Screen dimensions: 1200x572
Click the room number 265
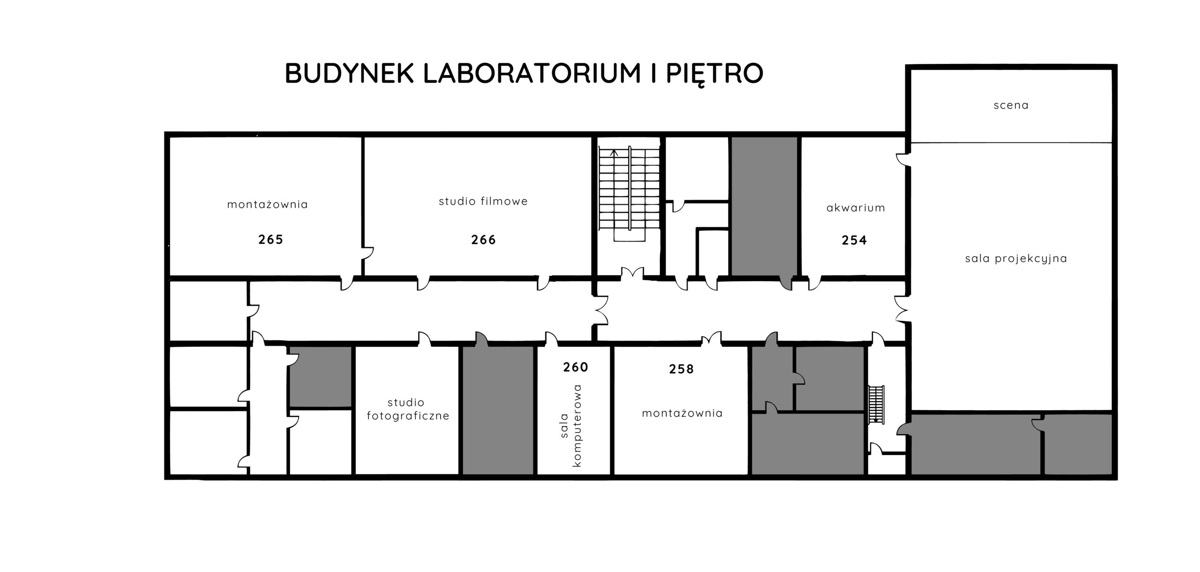coord(271,240)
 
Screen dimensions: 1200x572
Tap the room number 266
coord(483,240)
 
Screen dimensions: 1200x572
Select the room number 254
coord(854,241)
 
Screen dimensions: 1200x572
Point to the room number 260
coord(576,367)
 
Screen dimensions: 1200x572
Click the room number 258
coord(682,369)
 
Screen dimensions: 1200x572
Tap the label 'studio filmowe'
coord(483,201)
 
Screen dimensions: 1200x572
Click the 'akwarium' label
coord(856,208)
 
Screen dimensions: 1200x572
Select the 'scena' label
coord(1011,106)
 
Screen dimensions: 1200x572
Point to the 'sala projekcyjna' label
coord(1016,259)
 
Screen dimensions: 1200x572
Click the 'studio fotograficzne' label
coord(408,409)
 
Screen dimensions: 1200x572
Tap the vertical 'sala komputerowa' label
coord(570,426)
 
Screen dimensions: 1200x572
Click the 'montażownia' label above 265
coord(268,205)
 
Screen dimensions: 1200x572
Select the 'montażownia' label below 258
coord(682,413)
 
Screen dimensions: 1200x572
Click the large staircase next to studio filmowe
coord(629,194)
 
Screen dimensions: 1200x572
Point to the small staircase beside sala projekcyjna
coord(876,405)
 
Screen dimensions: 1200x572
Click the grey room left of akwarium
coord(765,206)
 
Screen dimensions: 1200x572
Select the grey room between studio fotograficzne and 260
coord(498,410)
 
